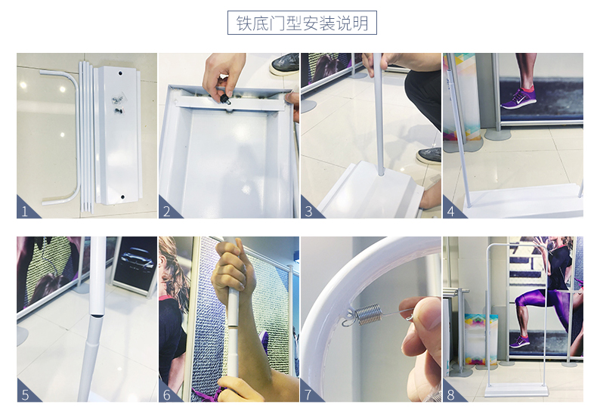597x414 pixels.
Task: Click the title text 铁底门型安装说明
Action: click(302, 23)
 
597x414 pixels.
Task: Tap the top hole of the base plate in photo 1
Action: click(120, 73)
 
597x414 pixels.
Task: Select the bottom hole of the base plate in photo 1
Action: click(122, 196)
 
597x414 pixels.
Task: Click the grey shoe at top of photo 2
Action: click(285, 63)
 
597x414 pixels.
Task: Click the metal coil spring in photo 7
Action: click(370, 315)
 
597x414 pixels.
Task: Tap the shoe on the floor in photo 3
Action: click(428, 155)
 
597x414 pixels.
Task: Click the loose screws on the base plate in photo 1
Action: click(118, 105)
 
